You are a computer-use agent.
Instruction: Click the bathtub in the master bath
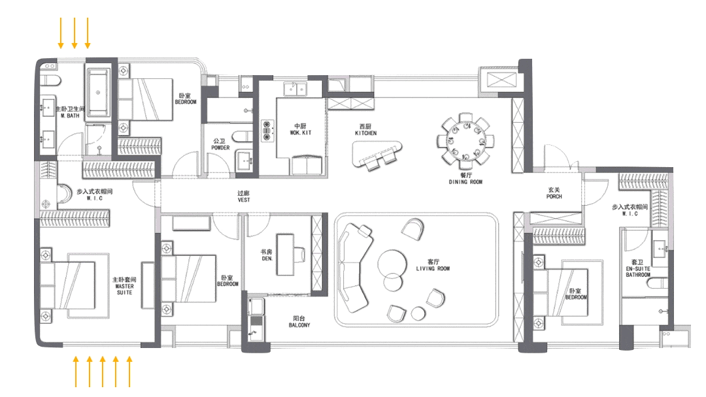click(97, 91)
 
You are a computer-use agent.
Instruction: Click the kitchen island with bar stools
click(377, 152)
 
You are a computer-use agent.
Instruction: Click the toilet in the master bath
click(50, 80)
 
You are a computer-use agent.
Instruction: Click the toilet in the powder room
click(243, 136)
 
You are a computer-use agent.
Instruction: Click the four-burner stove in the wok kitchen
click(267, 131)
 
